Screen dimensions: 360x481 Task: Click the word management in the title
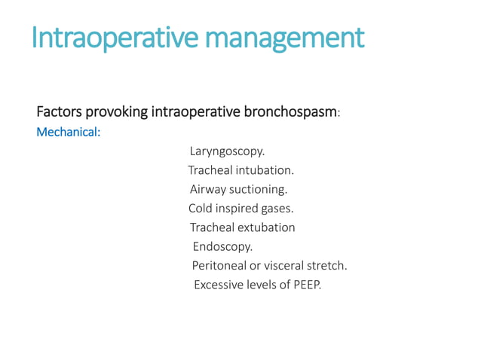click(294, 37)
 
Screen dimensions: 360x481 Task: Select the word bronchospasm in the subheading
click(290, 112)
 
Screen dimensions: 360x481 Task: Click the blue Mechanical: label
click(69, 132)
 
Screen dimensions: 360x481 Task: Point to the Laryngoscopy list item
click(227, 151)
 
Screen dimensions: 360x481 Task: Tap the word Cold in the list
click(201, 209)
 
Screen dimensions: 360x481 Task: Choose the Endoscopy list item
click(222, 246)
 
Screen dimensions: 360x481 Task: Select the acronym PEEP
click(306, 285)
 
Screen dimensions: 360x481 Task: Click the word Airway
click(207, 189)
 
